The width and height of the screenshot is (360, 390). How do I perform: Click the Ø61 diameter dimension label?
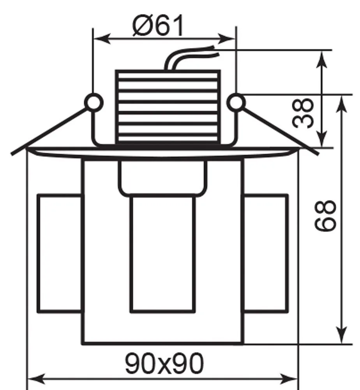[x=159, y=26]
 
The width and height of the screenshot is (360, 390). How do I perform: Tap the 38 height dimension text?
[x=302, y=113]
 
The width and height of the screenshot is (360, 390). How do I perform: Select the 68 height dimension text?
[x=325, y=216]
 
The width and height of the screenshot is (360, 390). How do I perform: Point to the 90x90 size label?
[x=164, y=363]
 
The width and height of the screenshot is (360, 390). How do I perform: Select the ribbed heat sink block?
[x=168, y=107]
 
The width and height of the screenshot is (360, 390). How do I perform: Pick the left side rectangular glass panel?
[x=60, y=253]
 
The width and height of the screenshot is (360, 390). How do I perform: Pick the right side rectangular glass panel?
[x=265, y=253]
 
